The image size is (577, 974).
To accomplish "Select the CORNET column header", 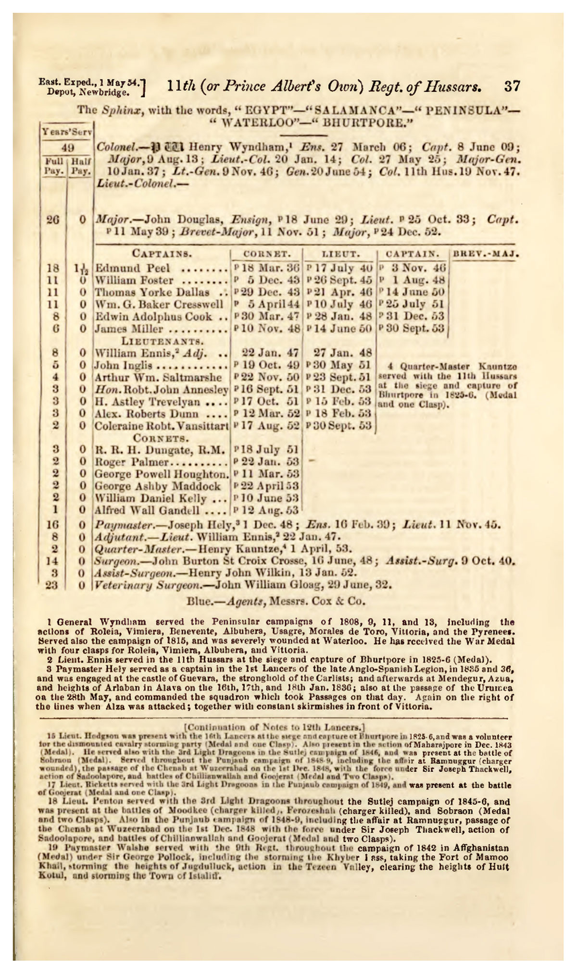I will tap(266, 253).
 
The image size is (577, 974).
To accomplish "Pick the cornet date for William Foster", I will tap(266, 280).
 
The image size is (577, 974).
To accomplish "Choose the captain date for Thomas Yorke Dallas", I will tap(413, 292).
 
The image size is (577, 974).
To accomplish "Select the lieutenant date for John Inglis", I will tap(339, 365).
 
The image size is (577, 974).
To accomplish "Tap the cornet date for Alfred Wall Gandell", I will tap(266, 510).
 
